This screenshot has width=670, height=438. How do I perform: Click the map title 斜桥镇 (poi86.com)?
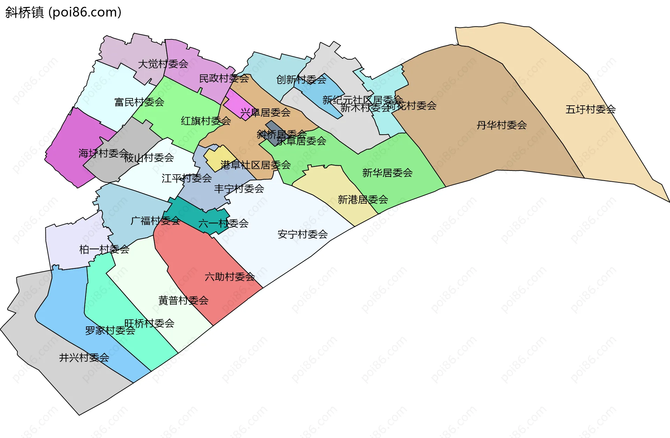[x=63, y=12]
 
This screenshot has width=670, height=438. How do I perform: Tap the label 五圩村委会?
[x=590, y=109]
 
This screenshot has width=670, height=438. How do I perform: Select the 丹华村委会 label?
[x=501, y=125]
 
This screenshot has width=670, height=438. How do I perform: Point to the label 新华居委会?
[x=387, y=173]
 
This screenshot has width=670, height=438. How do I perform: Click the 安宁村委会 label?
[x=302, y=234]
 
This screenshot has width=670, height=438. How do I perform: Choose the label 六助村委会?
[x=230, y=277]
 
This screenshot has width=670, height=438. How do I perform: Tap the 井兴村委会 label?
[x=84, y=357]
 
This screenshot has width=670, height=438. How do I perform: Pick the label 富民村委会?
[x=139, y=102]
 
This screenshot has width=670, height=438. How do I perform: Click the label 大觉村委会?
[x=163, y=64]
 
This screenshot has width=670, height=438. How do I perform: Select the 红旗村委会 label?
[x=206, y=121]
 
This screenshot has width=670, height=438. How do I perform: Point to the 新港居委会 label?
[x=363, y=200]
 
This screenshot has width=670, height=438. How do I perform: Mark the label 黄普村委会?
[x=183, y=300]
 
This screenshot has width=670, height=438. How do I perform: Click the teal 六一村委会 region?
[x=185, y=211]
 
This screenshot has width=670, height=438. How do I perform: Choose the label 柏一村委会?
[x=104, y=249]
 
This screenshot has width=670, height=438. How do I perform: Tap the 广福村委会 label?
[x=155, y=221]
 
